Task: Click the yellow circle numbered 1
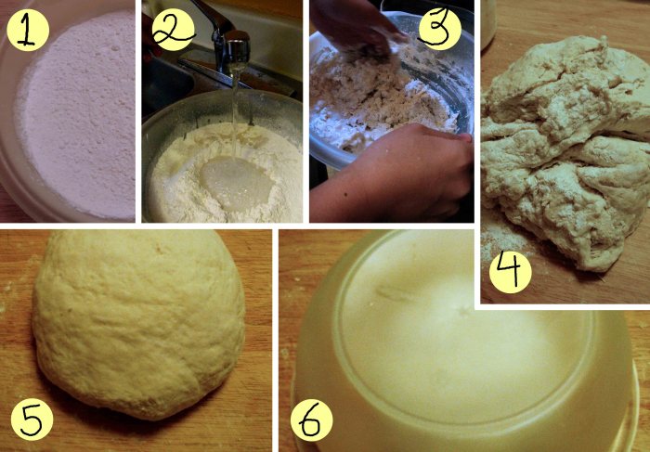point(28,30)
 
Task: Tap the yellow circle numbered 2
point(174,30)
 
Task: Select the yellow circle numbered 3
point(440,30)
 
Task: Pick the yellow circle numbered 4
point(511,272)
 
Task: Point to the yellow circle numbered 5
point(32,420)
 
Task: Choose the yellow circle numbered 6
point(312,420)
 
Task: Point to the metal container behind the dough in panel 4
point(488,23)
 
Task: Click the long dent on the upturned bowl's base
point(396,293)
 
